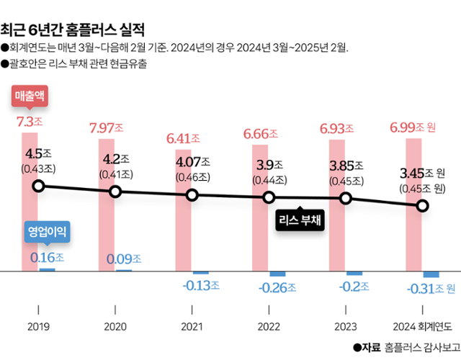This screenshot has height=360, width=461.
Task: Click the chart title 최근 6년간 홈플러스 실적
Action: (x=73, y=30)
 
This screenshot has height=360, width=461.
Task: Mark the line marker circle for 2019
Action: (x=39, y=186)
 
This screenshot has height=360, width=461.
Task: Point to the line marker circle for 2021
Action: (x=192, y=195)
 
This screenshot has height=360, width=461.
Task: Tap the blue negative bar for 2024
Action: (x=431, y=274)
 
